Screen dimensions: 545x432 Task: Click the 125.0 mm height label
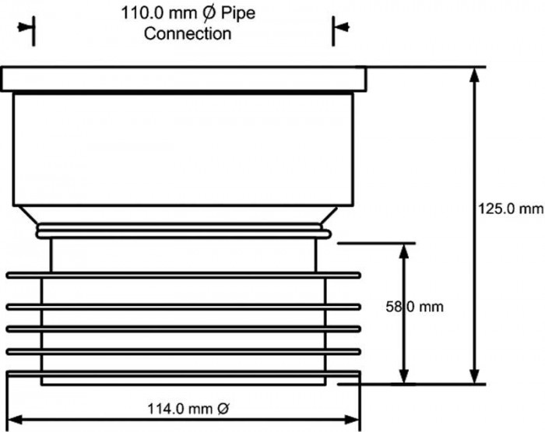pos(510,209)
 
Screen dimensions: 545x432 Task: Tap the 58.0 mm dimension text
pos(414,307)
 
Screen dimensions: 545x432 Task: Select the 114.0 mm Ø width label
pos(188,409)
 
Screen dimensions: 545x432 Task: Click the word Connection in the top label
pos(188,33)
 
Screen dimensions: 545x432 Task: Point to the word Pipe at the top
pos(238,14)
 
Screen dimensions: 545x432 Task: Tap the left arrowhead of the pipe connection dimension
pos(26,27)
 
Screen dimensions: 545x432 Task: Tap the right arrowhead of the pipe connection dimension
pos(341,26)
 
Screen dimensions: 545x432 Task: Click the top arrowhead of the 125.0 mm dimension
pos(474,75)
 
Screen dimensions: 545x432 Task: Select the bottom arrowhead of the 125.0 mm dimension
pos(474,376)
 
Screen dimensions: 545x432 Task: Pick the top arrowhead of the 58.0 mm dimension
pos(403,251)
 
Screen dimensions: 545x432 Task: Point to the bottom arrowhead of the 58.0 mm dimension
pos(403,376)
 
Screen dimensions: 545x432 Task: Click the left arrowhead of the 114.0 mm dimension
pos(16,420)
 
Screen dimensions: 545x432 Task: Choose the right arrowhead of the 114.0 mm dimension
pos(352,420)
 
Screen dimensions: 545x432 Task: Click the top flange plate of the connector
pos(184,79)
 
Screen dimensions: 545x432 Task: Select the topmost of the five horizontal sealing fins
pos(184,276)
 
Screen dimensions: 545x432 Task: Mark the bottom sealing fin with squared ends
pos(184,374)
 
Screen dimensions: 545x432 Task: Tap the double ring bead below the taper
pos(184,231)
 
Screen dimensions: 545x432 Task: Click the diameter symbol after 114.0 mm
pos(223,409)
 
